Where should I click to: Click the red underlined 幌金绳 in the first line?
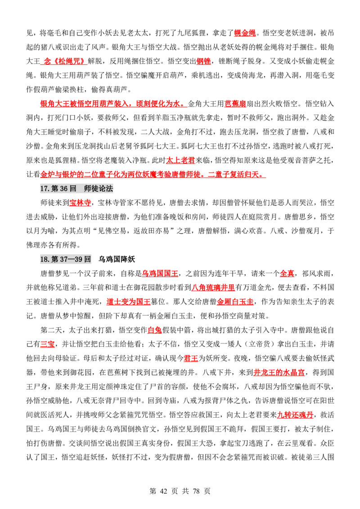tap(245, 33)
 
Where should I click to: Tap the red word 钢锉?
tap(204, 61)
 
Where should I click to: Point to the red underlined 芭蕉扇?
tap(235, 104)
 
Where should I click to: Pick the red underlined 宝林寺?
tap(80, 203)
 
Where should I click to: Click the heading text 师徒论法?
tap(99, 188)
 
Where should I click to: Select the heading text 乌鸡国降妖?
tap(117, 259)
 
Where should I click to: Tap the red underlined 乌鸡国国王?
tap(160, 274)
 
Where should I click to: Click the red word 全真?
tap(287, 274)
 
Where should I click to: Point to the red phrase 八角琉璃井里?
tap(213, 288)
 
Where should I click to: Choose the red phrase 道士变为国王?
tap(128, 302)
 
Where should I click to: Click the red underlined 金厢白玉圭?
tap(235, 302)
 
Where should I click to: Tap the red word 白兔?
tap(154, 330)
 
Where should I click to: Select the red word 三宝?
tap(47, 344)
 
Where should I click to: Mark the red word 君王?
tap(191, 359)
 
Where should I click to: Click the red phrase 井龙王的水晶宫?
tap(279, 373)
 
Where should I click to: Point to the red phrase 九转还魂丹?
tap(295, 415)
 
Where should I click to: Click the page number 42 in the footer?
tap(163, 491)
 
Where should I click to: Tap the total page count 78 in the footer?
tap(196, 491)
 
